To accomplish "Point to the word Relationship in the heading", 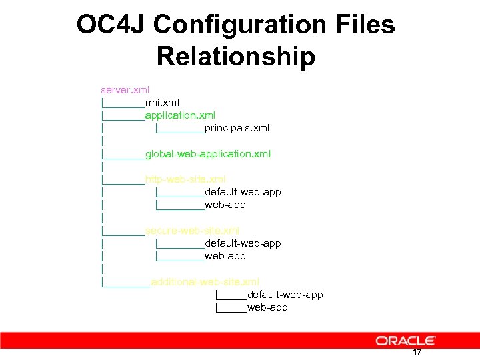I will coord(235,57).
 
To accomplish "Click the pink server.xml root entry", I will coord(125,89).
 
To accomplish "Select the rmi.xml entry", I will coord(162,102).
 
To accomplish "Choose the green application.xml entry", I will coord(180,115).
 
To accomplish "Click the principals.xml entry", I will coord(237,128).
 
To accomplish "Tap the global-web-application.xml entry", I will coord(208,154).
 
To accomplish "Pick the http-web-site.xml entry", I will coord(185,179).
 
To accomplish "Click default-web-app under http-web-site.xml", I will coord(243,192).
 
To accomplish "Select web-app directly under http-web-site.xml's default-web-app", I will coord(225,205).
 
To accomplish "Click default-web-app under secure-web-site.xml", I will coord(243,243).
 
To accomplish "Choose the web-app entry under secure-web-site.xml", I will coord(225,256).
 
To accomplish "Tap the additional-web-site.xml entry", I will coord(205,282).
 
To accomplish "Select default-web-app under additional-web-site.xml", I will coord(285,295).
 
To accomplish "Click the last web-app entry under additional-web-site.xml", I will coord(267,307).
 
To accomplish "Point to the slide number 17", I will coord(417,352).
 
